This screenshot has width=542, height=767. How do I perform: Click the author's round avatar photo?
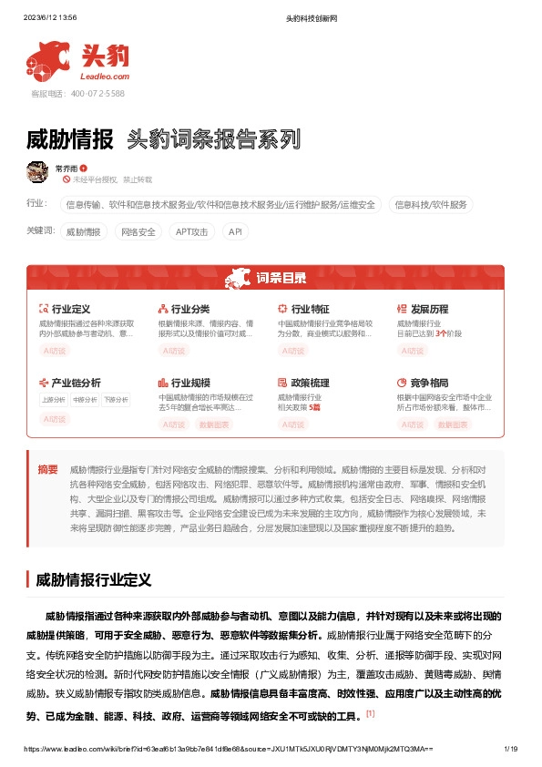point(37,171)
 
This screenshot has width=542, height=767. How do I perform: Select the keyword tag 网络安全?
point(138,232)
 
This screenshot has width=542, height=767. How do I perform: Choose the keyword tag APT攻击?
point(192,232)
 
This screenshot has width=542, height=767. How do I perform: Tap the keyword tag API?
point(235,232)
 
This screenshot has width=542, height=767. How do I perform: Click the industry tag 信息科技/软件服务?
point(432,205)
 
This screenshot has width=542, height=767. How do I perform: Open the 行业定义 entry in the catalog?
point(70,310)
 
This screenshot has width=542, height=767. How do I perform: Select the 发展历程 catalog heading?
point(429,310)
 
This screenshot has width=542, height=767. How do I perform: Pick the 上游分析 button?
point(53,399)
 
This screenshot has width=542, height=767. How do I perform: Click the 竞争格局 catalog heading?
point(429,383)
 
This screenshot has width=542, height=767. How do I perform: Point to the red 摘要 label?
point(47,469)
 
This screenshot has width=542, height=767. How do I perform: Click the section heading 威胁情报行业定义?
point(92,578)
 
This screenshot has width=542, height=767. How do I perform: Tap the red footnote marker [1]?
point(370,712)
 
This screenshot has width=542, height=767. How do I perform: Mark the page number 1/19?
point(510,749)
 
